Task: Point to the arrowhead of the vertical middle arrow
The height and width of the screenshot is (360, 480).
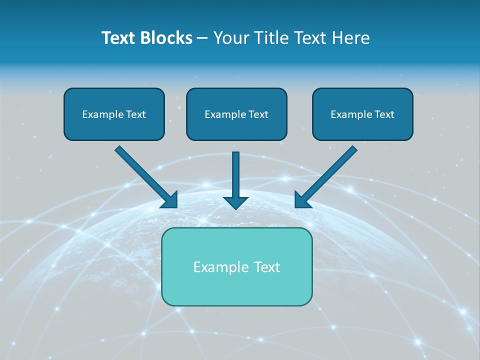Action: click(x=235, y=202)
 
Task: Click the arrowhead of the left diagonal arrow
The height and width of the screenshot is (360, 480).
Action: click(x=171, y=200)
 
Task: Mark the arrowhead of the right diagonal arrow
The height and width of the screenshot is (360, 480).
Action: click(x=301, y=200)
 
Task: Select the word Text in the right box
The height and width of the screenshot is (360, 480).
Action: click(x=384, y=114)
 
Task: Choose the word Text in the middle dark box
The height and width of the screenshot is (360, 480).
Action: click(x=258, y=114)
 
